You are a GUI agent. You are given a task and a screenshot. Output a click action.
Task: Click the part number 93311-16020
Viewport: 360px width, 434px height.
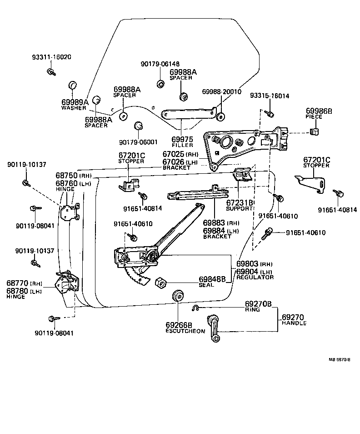[51, 57]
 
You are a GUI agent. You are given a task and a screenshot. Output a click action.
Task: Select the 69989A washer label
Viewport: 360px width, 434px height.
[75, 102]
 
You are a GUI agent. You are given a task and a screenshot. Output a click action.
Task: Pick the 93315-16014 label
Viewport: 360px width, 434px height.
[270, 96]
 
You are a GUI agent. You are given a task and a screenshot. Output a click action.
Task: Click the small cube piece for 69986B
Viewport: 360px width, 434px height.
[314, 132]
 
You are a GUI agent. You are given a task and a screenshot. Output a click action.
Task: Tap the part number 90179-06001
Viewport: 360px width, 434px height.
[138, 142]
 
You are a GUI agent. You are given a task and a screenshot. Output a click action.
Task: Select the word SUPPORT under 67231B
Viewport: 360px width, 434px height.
[240, 208]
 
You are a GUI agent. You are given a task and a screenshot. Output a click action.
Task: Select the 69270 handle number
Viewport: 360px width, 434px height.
[293, 317]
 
